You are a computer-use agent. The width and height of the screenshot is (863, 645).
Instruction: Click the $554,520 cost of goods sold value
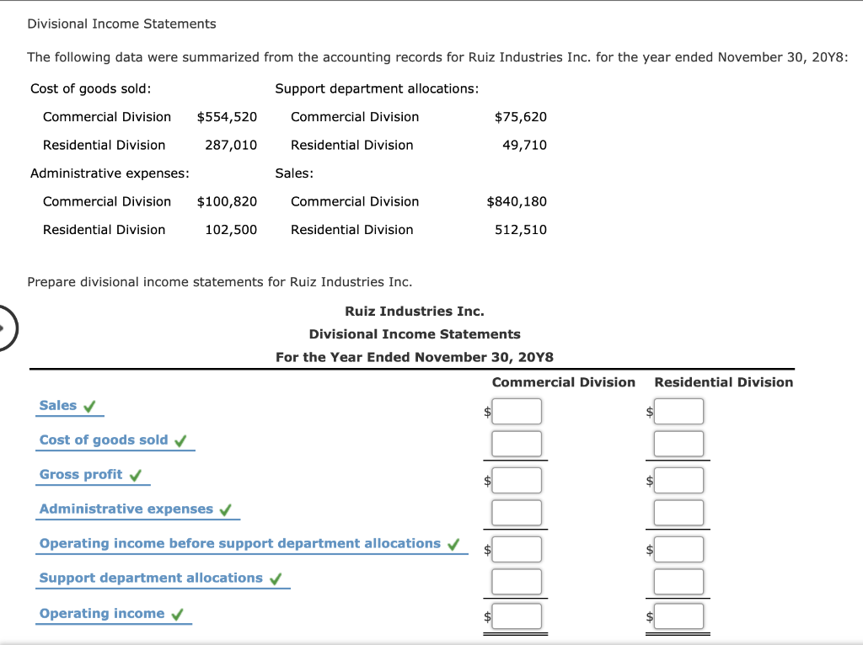click(227, 117)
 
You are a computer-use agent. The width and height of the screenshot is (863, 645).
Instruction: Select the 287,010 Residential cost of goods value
click(231, 145)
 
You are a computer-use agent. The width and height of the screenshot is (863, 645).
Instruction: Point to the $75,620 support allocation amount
click(520, 117)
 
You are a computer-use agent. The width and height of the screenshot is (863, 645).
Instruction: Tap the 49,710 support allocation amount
click(524, 145)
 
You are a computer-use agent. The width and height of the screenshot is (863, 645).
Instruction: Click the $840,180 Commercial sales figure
click(517, 201)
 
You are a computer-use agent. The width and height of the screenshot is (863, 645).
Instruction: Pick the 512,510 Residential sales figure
click(520, 230)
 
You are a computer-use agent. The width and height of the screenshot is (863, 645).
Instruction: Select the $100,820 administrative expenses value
click(227, 201)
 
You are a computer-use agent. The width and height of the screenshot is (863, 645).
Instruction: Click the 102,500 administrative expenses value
click(231, 230)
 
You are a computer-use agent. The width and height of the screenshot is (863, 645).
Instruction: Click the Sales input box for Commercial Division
click(517, 412)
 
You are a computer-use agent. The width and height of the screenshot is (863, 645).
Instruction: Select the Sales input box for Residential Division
click(678, 412)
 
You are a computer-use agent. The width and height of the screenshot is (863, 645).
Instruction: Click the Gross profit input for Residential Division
click(678, 480)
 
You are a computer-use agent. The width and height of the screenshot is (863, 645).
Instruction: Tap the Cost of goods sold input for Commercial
click(517, 443)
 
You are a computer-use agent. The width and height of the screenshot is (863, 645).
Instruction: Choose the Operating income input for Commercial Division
click(517, 616)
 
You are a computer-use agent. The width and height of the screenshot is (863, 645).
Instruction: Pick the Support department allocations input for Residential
click(678, 581)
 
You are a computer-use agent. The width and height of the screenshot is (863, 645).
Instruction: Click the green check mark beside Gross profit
click(136, 476)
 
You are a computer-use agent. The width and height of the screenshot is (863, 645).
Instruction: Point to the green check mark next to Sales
click(88, 407)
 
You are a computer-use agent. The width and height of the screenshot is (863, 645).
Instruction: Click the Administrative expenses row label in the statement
click(126, 509)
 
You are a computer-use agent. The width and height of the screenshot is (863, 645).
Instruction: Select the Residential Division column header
click(723, 382)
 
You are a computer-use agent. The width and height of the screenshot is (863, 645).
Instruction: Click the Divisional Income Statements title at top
click(121, 24)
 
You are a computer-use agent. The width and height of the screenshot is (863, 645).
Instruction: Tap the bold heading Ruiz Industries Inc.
click(414, 312)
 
